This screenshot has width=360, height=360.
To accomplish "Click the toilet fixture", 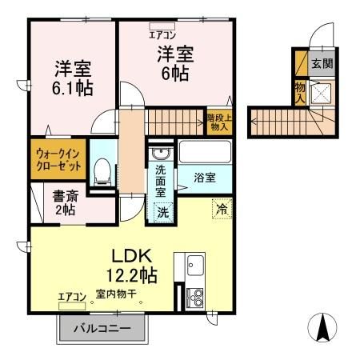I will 101,171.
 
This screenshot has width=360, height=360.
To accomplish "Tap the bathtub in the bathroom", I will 203,152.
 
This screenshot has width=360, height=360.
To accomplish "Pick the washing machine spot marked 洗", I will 162,213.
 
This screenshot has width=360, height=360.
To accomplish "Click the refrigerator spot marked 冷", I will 222,208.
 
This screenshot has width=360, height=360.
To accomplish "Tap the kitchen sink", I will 195,263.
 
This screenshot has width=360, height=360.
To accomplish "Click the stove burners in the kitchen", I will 194,297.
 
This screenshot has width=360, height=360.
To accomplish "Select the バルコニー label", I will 103,328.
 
